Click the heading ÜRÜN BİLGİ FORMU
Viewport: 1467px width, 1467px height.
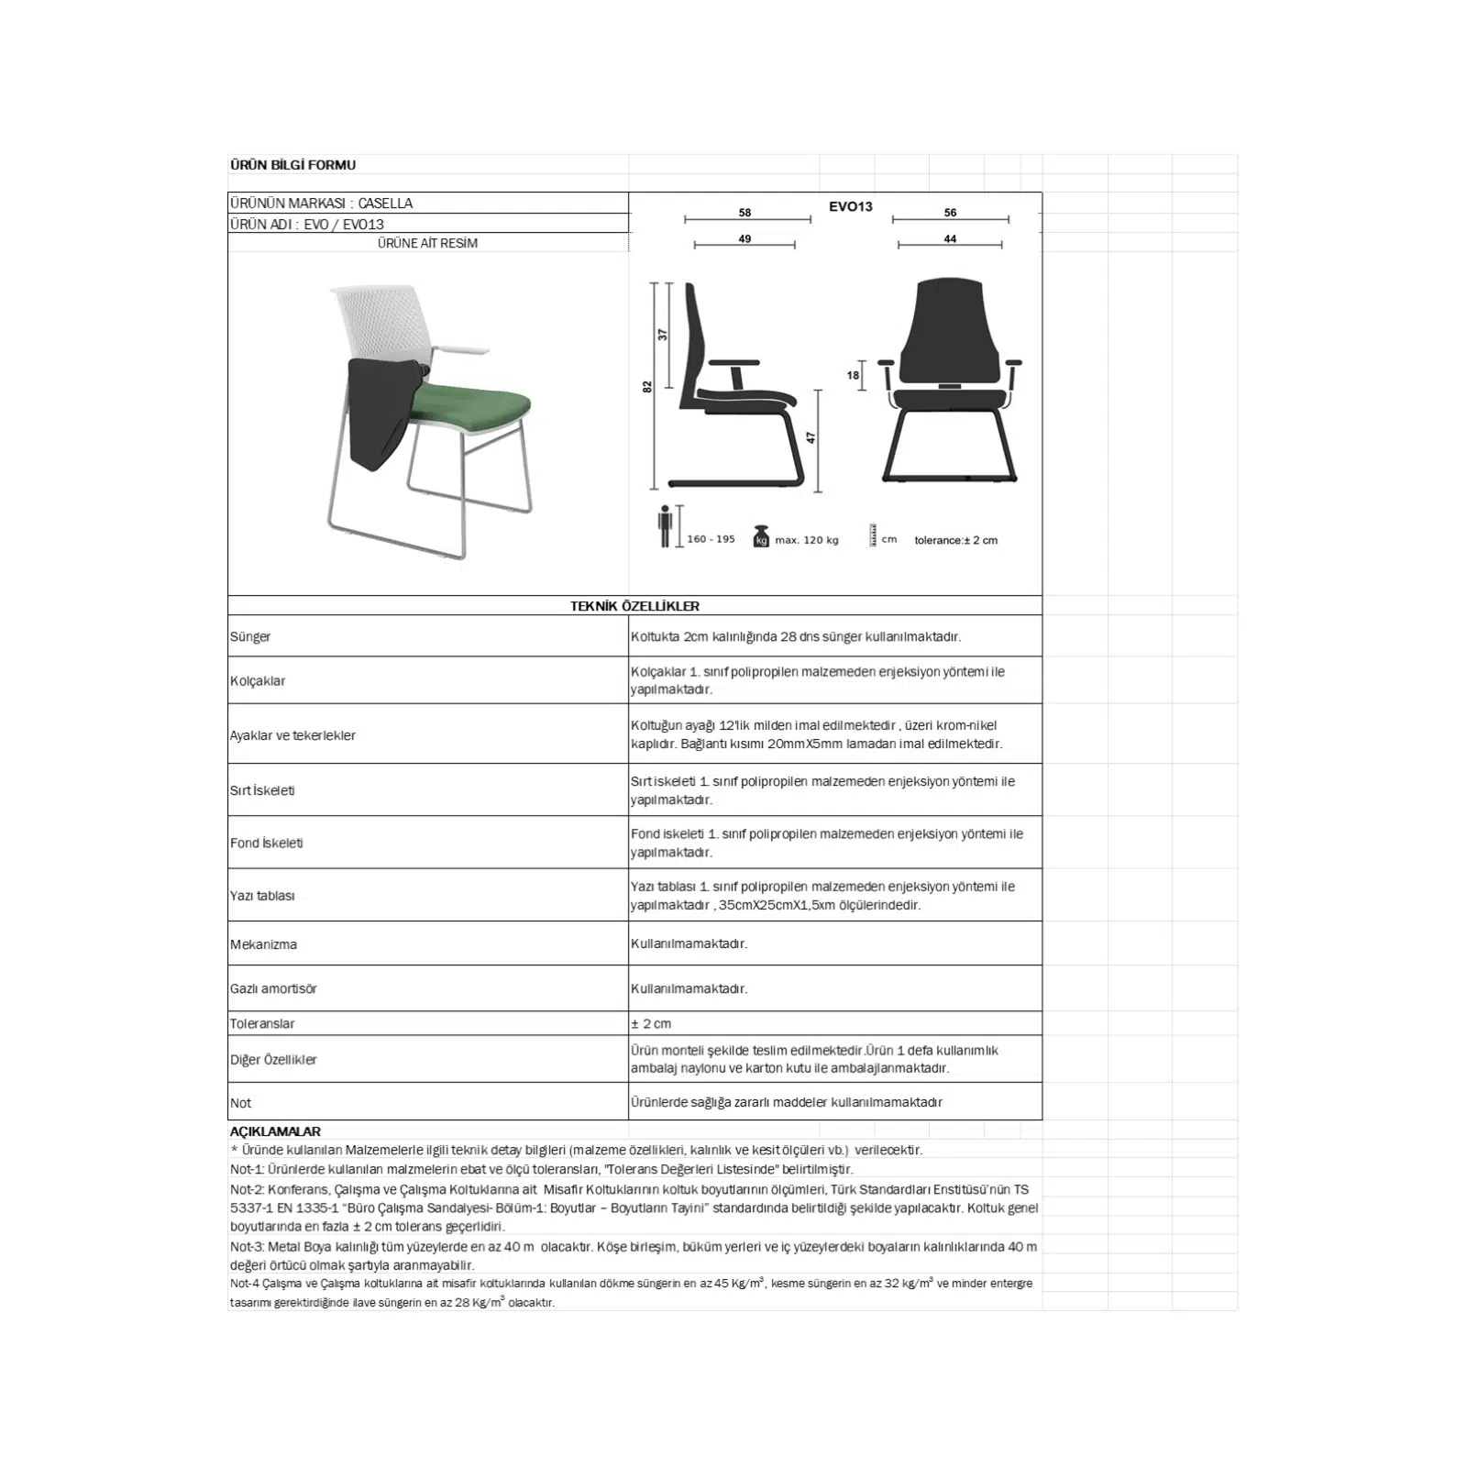pos(292,165)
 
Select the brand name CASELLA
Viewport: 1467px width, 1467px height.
pos(385,204)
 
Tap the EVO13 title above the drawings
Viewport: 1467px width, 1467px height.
pos(850,207)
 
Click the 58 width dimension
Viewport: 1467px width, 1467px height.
pos(745,213)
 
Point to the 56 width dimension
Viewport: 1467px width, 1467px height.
pos(950,213)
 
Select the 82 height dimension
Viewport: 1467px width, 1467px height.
pos(647,387)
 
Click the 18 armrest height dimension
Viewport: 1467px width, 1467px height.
pos(853,376)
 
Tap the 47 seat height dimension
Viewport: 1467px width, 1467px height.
pos(811,438)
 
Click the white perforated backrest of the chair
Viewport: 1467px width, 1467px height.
pos(380,317)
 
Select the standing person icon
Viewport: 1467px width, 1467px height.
pos(666,527)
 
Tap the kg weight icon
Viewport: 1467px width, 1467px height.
pos(761,536)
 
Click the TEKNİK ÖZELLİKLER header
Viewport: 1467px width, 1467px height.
pos(634,606)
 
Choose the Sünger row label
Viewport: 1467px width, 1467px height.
pos(250,637)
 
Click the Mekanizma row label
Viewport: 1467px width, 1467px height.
pos(263,944)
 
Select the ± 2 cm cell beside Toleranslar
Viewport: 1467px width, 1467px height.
pos(651,1024)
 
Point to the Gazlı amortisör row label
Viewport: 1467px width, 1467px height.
pos(273,989)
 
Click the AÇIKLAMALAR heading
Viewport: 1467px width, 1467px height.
pos(275,1131)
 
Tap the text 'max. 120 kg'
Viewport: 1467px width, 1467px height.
pos(807,540)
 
